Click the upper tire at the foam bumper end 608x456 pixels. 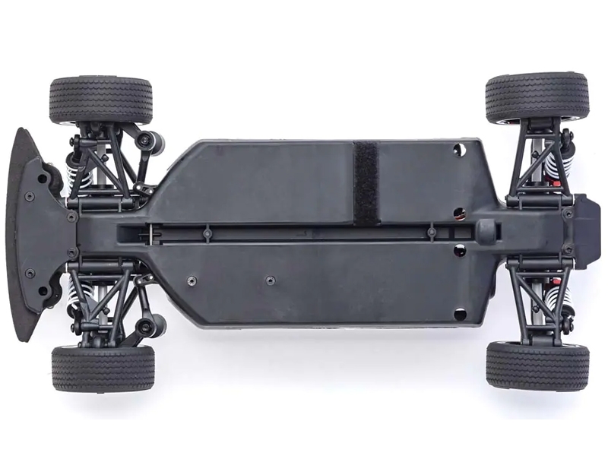coord(101,100)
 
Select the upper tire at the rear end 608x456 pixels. coord(537,97)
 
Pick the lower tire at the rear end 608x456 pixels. coord(537,366)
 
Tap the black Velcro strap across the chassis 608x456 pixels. coord(366,182)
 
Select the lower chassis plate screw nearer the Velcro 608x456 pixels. coord(269,280)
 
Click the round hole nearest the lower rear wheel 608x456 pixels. coord(459,312)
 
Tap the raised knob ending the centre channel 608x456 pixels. coord(486,230)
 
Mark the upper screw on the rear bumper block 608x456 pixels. coord(568,214)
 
